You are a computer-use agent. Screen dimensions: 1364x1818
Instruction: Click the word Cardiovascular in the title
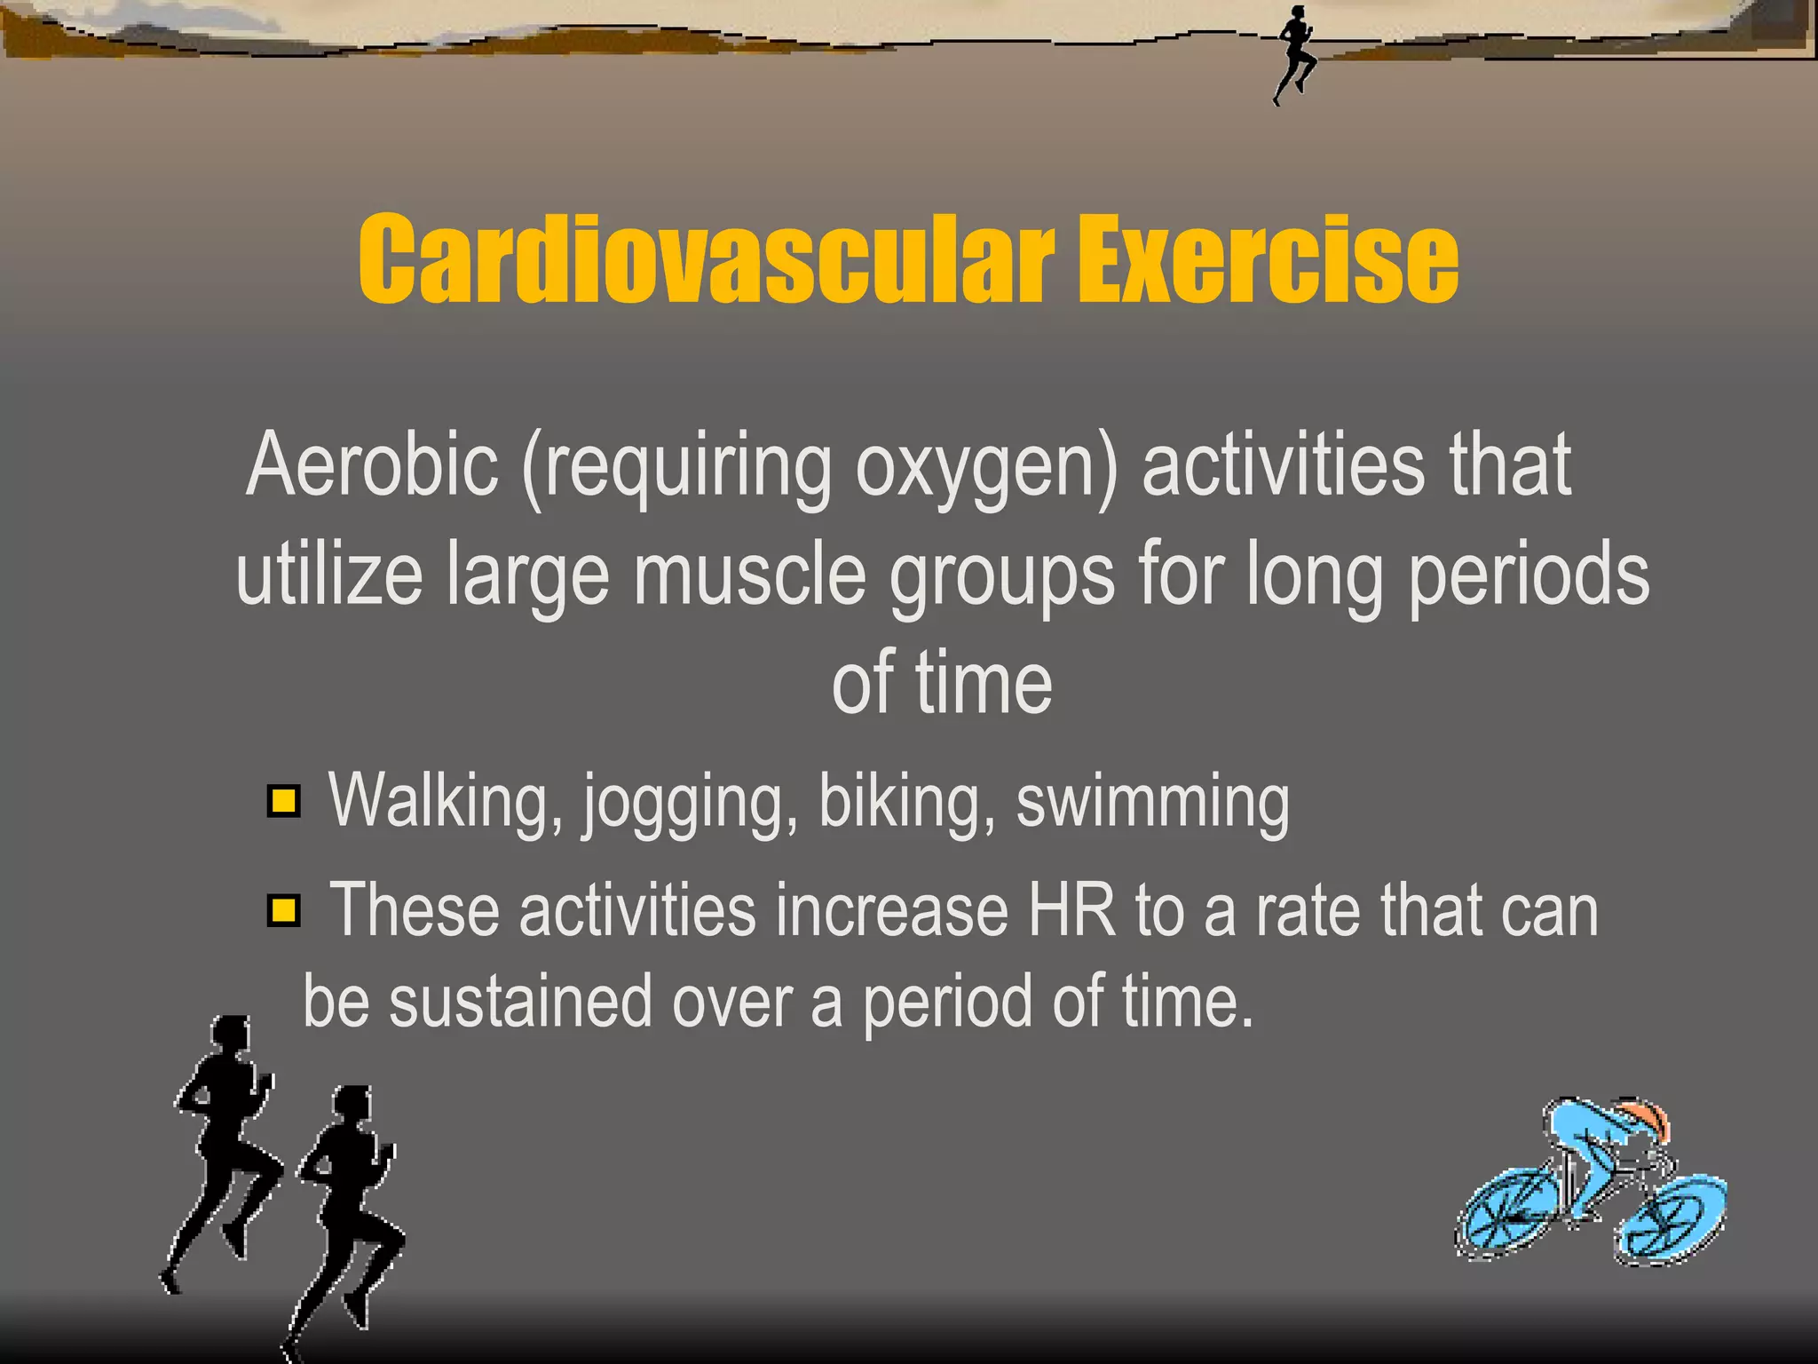point(706,259)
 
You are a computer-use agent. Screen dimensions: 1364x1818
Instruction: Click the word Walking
point(446,802)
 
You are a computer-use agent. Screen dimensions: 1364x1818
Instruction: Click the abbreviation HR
point(1071,911)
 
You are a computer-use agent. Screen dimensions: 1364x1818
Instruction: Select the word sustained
point(520,1002)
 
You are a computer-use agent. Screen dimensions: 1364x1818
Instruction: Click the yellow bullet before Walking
point(284,802)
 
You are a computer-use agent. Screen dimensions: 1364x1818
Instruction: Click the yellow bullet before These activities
point(284,911)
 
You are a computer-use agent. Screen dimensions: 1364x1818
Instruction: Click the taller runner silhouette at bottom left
point(222,1146)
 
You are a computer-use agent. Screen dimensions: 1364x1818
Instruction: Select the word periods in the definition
point(1529,575)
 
